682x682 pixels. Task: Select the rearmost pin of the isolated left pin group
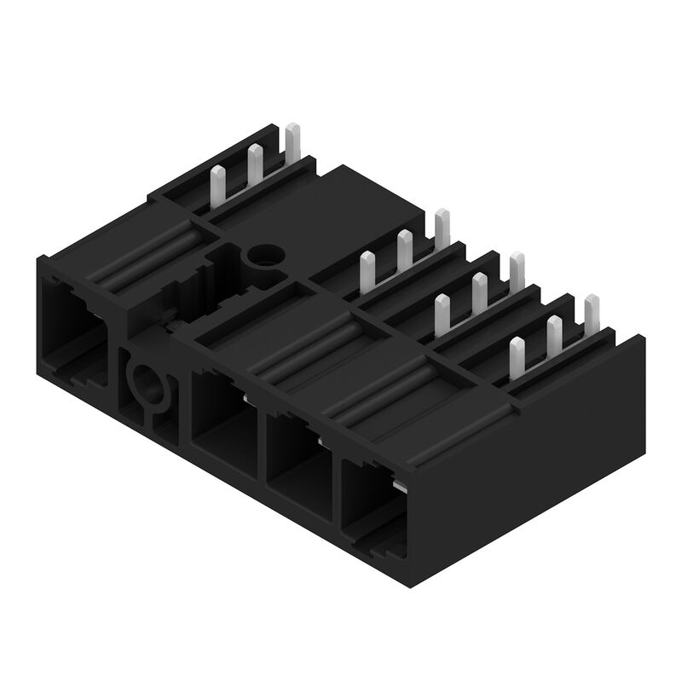pyautogui.click(x=292, y=142)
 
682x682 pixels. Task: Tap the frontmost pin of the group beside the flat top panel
pyautogui.click(x=367, y=272)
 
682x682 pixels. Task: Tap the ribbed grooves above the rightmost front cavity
pyautogui.click(x=384, y=392)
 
